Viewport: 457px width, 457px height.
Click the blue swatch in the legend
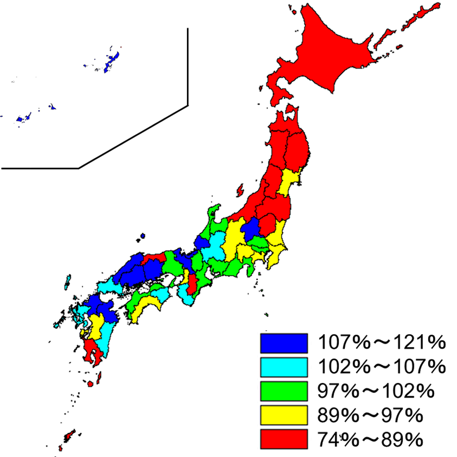[284, 343]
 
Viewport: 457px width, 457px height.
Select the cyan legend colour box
[284, 367]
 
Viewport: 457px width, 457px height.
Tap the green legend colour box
[284, 391]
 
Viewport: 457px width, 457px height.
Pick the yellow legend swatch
[284, 415]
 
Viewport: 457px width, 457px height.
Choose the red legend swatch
[284, 439]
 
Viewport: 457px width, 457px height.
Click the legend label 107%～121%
[381, 343]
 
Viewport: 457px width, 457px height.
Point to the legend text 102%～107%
[381, 367]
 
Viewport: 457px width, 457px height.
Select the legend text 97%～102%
[375, 391]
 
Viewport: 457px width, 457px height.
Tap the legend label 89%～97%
[370, 415]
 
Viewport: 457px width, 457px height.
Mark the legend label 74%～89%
[370, 439]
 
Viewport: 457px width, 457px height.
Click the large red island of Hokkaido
[335, 56]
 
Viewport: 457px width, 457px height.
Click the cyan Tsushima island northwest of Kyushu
[67, 282]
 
